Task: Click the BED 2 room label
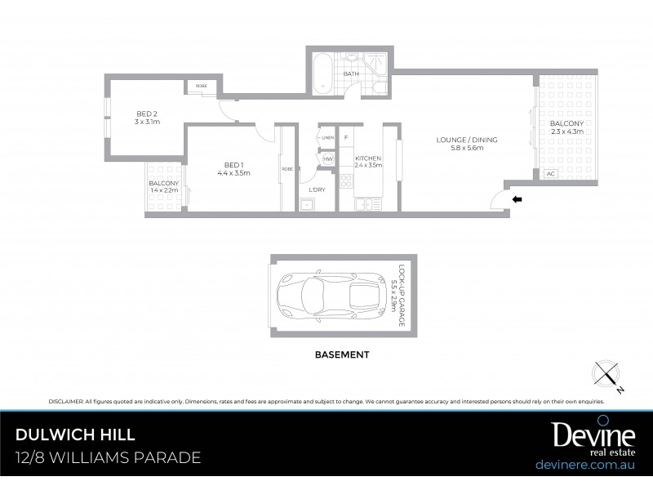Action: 147,113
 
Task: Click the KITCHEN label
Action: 369,158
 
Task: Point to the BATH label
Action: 351,74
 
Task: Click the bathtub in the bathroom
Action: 321,73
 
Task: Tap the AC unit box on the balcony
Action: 549,174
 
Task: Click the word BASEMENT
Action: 342,355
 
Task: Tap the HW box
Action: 328,158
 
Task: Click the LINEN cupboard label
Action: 327,137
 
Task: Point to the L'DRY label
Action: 317,189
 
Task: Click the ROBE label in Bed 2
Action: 201,86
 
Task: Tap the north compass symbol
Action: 607,375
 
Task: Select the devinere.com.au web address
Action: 585,464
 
